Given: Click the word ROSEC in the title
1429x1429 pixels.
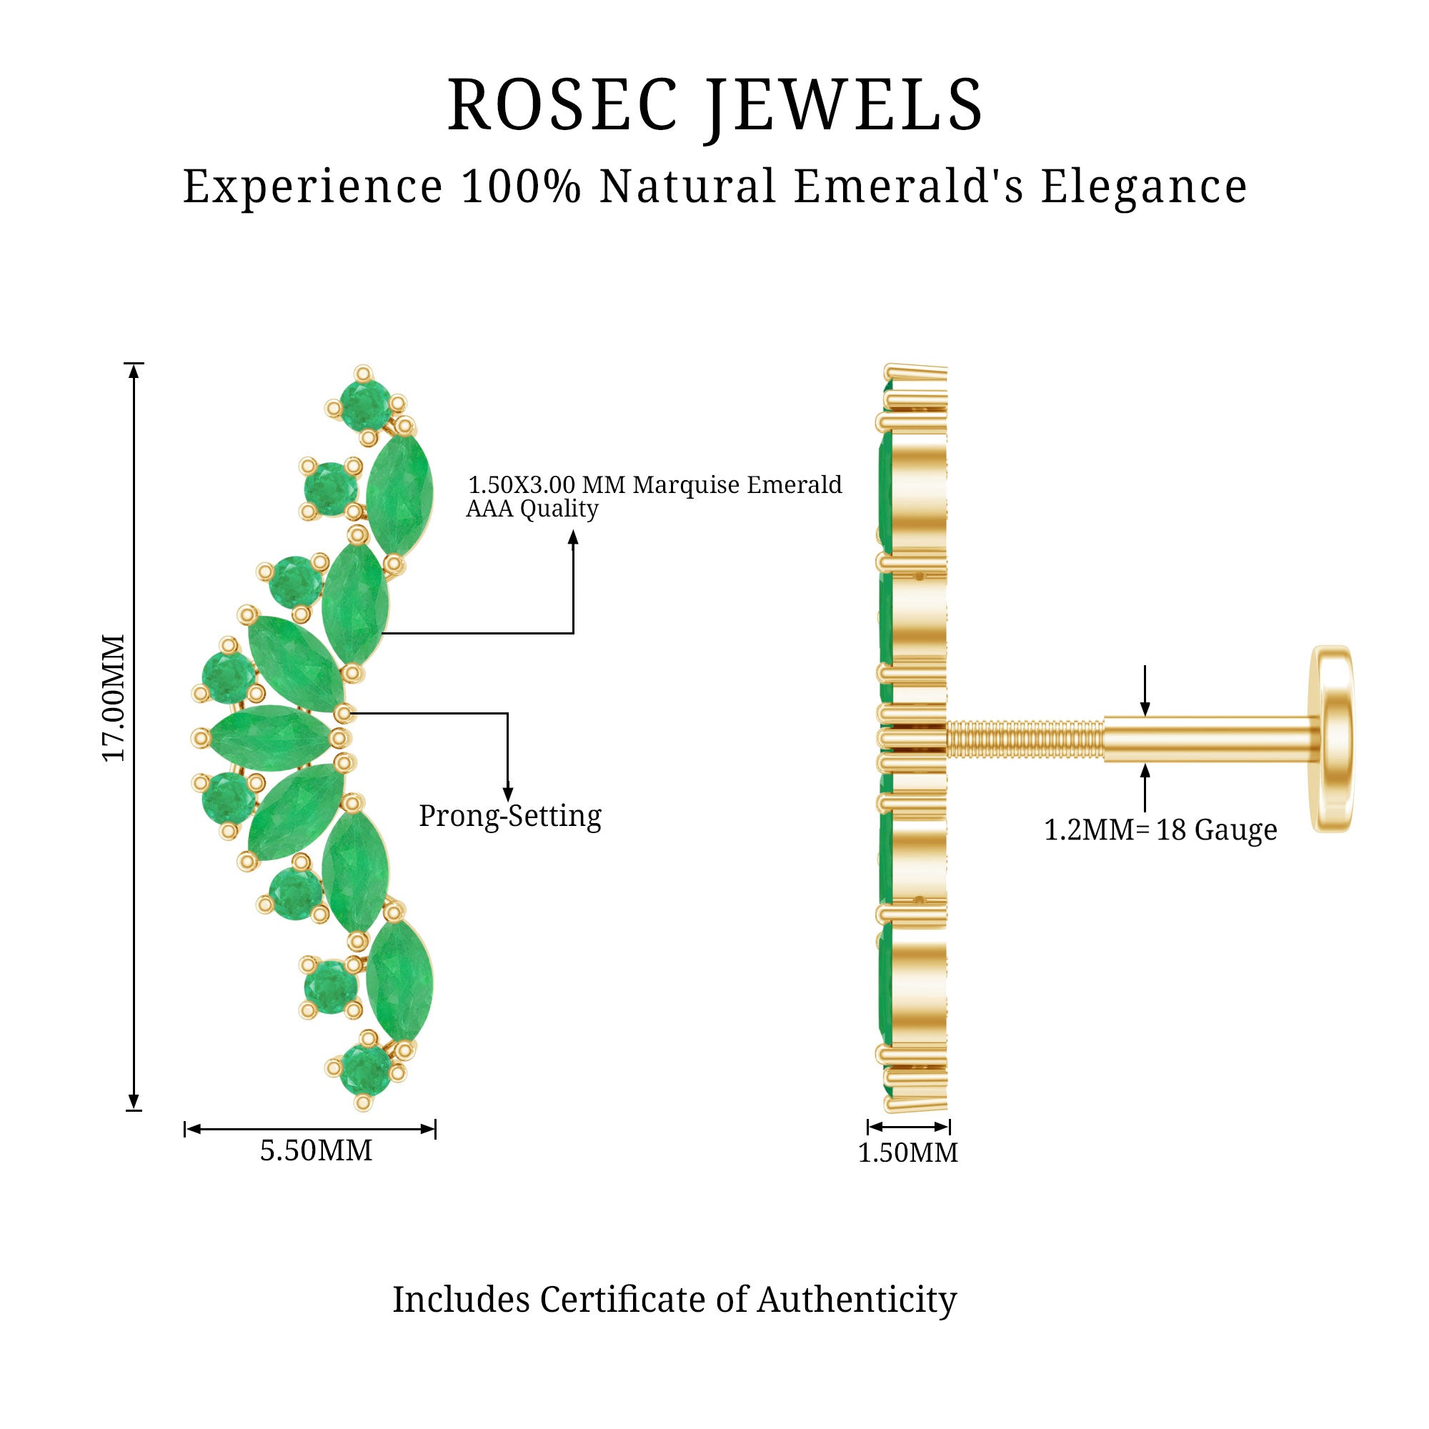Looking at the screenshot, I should (562, 105).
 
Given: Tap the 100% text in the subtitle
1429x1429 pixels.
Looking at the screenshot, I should (521, 186).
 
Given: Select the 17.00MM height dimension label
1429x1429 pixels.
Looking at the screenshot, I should (114, 697).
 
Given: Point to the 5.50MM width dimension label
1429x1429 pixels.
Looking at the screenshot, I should (316, 1150).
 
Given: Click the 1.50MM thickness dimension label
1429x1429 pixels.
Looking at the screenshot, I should (907, 1152).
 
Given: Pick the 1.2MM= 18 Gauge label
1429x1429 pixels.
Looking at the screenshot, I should (1160, 830).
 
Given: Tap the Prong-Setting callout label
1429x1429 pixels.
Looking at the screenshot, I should (509, 816).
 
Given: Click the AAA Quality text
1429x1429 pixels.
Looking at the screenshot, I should (532, 509).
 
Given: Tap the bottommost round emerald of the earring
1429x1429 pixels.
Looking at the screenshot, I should (365, 1070).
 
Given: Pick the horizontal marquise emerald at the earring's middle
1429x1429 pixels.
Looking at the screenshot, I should (270, 737).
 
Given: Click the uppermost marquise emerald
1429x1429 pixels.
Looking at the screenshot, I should (399, 495).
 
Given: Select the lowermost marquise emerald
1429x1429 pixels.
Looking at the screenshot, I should (399, 981).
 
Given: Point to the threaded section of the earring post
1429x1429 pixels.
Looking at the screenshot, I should (1025, 739).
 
